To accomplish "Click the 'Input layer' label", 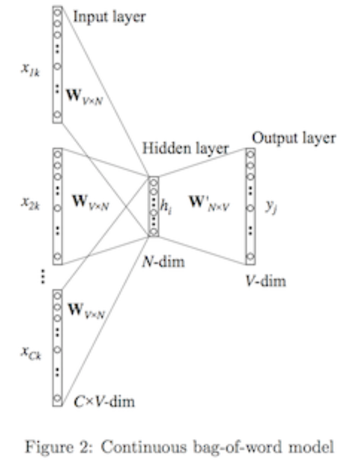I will coord(109,17).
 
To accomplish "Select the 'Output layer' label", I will coord(294,138).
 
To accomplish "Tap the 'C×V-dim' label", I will coord(105,400).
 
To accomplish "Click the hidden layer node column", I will coord(153,206).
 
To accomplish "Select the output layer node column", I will coord(251,206).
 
